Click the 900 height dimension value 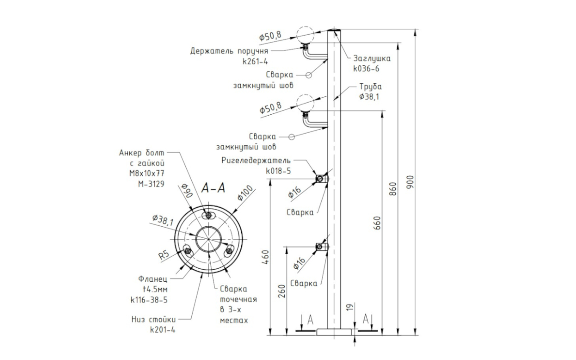[410, 182]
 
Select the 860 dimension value [392, 189]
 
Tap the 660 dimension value [377, 223]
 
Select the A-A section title [213, 188]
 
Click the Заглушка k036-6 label [372, 63]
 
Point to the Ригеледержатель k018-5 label [256, 166]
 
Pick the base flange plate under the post [333, 332]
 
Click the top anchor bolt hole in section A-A [208, 216]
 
